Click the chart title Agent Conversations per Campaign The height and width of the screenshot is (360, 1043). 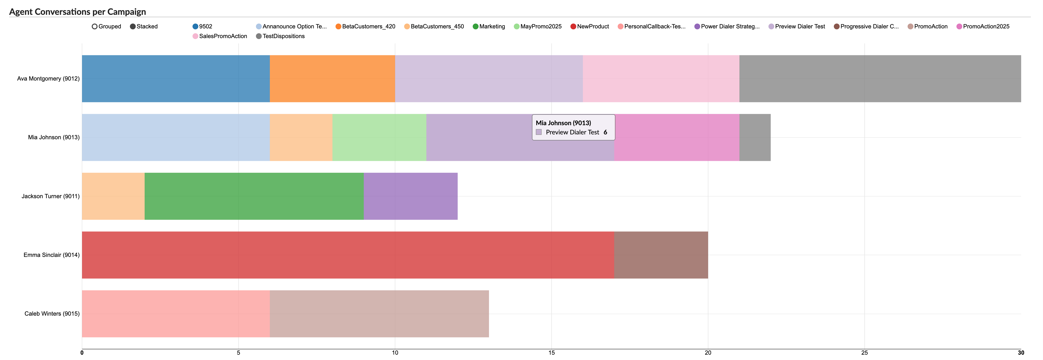click(77, 12)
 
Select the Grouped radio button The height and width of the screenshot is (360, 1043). click(95, 26)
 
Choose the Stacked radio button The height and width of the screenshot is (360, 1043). click(133, 26)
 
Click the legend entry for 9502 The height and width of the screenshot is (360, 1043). click(202, 26)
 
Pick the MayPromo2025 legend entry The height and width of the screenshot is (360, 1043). click(538, 26)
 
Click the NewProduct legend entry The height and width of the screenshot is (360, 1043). click(590, 26)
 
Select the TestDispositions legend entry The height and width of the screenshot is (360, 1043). click(280, 36)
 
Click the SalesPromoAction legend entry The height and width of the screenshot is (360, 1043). click(220, 36)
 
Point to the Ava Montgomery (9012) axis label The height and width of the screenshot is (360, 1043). click(48, 79)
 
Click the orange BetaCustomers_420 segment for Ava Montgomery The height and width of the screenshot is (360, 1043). click(332, 79)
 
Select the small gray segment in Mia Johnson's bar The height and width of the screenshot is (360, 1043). click(755, 137)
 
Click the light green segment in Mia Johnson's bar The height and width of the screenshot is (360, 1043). click(379, 137)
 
